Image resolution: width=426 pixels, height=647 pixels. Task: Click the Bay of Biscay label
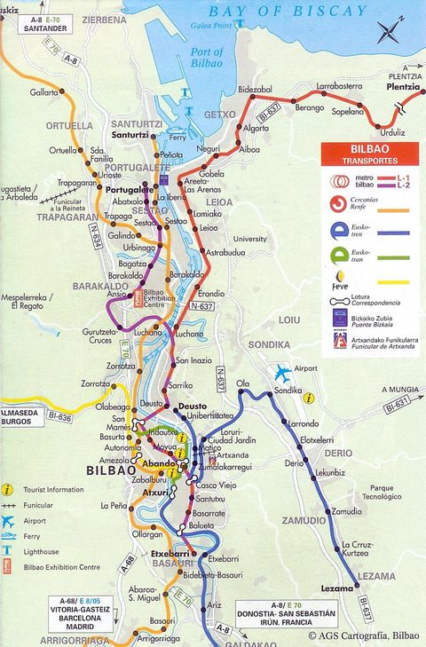click(287, 12)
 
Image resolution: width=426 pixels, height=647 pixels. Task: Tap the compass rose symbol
click(389, 33)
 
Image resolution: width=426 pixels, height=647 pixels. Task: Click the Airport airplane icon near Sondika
click(283, 373)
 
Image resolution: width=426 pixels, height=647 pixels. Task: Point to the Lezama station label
click(337, 587)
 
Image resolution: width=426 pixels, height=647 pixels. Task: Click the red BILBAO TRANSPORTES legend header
click(370, 154)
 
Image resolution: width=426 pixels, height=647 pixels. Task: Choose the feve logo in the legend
click(338, 288)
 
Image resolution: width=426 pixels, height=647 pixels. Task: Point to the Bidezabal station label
click(256, 90)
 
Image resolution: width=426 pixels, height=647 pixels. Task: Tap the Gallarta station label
click(43, 91)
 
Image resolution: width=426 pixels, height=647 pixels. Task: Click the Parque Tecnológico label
click(393, 493)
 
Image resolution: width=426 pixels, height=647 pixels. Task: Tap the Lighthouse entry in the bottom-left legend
click(43, 551)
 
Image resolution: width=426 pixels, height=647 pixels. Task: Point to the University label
click(249, 239)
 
